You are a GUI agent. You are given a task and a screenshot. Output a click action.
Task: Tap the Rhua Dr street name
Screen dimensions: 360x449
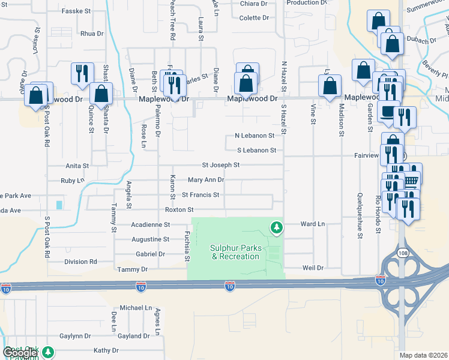(92, 34)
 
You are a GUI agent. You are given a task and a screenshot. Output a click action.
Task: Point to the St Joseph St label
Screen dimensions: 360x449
(220, 164)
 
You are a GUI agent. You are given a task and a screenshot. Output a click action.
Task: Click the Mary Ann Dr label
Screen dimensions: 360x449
(205, 179)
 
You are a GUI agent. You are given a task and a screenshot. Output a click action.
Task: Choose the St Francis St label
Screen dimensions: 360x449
(200, 195)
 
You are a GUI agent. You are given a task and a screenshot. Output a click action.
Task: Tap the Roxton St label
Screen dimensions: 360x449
(179, 210)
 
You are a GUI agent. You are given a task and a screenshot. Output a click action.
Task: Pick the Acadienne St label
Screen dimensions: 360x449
(150, 225)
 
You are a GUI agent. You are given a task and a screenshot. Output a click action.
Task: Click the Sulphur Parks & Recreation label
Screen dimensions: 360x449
(235, 252)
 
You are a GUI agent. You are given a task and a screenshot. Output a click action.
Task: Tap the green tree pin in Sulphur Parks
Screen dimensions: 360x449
(276, 227)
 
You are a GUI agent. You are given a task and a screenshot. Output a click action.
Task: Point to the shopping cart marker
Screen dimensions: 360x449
(411, 180)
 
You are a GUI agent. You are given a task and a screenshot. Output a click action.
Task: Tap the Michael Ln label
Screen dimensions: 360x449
(136, 307)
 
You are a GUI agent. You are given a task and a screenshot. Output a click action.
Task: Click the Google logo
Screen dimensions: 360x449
(20, 353)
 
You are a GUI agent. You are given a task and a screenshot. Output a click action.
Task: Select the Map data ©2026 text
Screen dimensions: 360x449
(423, 355)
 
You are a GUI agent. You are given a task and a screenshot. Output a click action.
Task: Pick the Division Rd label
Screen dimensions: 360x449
(80, 262)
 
